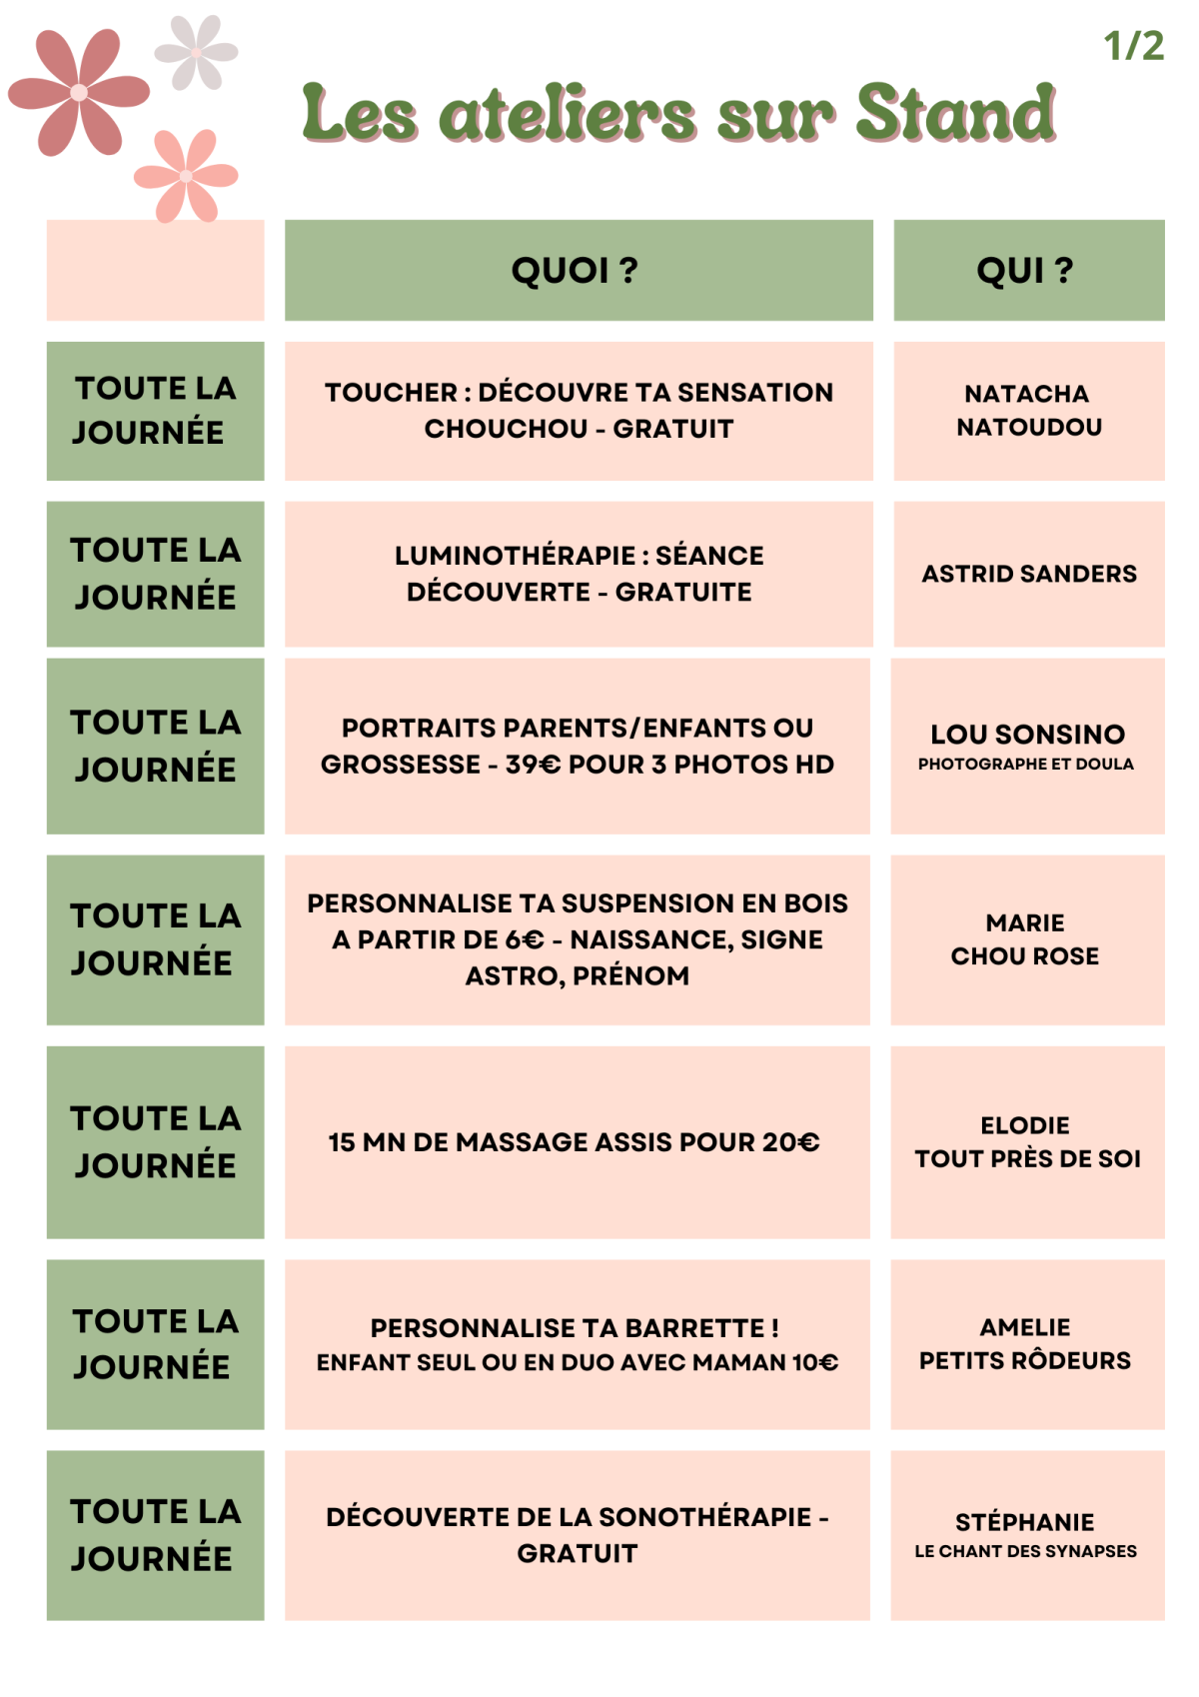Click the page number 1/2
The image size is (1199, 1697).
pyautogui.click(x=1133, y=46)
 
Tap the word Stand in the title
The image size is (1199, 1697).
pyautogui.click(x=955, y=113)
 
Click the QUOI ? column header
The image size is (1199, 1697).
pyautogui.click(x=575, y=270)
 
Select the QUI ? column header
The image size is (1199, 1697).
pyautogui.click(x=1025, y=270)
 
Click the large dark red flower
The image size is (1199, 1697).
pyautogui.click(x=79, y=92)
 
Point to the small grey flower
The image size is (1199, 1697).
pyautogui.click(x=196, y=52)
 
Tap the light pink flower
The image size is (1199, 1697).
pyautogui.click(x=186, y=176)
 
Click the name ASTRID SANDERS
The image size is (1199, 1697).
pyautogui.click(x=1029, y=574)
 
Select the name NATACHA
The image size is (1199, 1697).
pyautogui.click(x=1026, y=394)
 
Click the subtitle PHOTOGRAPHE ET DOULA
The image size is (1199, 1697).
pyautogui.click(x=1026, y=765)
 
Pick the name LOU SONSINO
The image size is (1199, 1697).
pyautogui.click(x=1027, y=735)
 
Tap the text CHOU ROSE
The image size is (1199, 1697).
pyautogui.click(x=1024, y=956)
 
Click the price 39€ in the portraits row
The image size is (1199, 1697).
pyautogui.click(x=533, y=765)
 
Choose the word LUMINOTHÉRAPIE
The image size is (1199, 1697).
pyautogui.click(x=515, y=556)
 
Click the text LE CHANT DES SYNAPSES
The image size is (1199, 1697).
pyautogui.click(x=1025, y=1551)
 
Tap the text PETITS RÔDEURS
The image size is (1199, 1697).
pyautogui.click(x=1025, y=1360)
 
